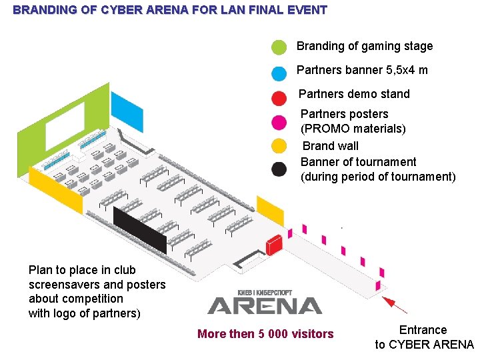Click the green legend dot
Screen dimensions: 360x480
(x=279, y=47)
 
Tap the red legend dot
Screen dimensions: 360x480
(x=279, y=97)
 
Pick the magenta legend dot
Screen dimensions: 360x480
(x=279, y=122)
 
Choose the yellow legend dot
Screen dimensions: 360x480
(x=279, y=145)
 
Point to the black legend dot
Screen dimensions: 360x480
(x=279, y=169)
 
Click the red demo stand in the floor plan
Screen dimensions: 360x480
(x=274, y=245)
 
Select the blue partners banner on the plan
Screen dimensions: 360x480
(x=127, y=111)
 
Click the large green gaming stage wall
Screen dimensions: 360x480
(x=63, y=127)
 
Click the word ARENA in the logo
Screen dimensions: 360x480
(x=265, y=305)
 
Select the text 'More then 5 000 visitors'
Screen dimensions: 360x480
(x=265, y=334)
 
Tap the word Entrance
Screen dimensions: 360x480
(x=423, y=330)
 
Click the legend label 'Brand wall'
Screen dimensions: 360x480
(x=330, y=146)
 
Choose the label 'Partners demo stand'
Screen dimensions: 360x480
(x=354, y=94)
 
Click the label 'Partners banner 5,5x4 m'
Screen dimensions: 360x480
(x=362, y=70)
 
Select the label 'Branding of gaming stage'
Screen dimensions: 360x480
(x=365, y=46)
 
